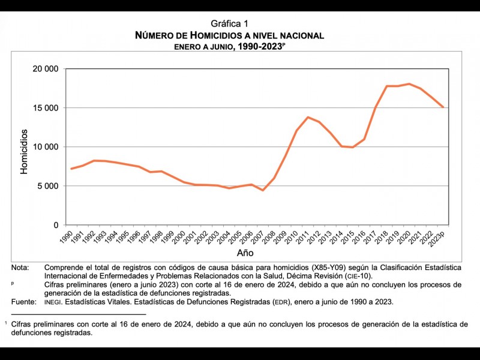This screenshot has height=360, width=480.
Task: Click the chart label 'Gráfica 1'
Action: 229,24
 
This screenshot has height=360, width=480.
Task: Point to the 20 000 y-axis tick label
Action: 45,69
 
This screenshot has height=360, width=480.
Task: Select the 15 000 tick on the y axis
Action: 45,108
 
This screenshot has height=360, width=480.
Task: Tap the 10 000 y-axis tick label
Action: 45,147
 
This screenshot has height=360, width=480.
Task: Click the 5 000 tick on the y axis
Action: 47,186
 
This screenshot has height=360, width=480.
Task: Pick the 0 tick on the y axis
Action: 55,225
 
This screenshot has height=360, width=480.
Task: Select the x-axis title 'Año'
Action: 245,253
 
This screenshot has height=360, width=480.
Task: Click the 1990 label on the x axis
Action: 67,236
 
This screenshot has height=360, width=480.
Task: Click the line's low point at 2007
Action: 263,190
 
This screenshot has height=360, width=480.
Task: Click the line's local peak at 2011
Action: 308,117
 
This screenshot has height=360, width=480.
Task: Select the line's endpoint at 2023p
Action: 443,107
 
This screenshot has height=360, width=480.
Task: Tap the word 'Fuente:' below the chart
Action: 23,302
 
